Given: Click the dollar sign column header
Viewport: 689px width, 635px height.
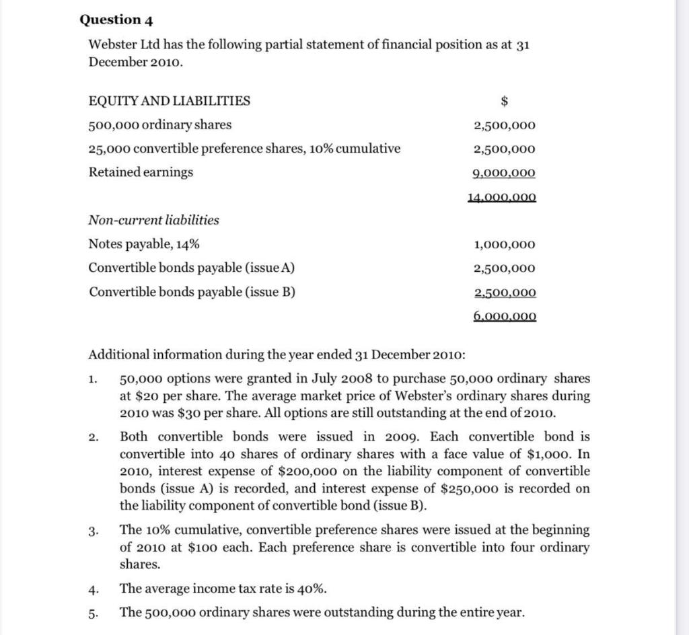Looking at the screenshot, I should pyautogui.click(x=505, y=101).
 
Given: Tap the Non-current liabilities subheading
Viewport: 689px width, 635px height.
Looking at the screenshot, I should pyautogui.click(x=154, y=220).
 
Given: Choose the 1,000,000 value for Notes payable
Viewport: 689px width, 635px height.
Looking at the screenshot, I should pyautogui.click(x=505, y=245).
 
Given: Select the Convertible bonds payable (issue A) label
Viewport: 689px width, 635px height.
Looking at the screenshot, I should pyautogui.click(x=192, y=268).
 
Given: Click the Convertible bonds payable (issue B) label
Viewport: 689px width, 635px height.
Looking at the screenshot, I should pyautogui.click(x=192, y=291).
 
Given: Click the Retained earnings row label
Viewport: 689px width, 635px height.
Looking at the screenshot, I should pyautogui.click(x=141, y=172).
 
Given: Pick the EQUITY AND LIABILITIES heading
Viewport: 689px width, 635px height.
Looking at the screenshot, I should pyautogui.click(x=170, y=101).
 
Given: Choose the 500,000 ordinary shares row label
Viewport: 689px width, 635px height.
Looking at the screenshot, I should pyautogui.click(x=160, y=125).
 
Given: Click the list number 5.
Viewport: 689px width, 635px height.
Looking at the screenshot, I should pyautogui.click(x=95, y=613).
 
